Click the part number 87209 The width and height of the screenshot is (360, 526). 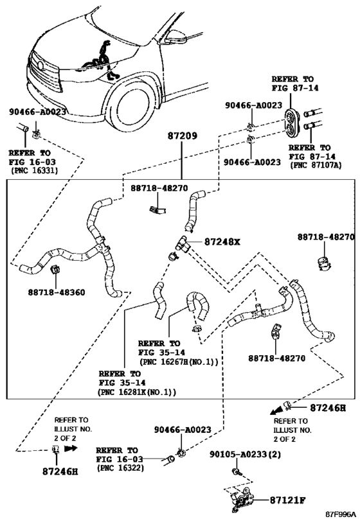pos(183,136)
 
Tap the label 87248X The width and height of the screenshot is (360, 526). pos(222,242)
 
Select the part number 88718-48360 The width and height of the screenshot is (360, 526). pos(57,292)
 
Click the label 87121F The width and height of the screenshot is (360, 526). pos(288,500)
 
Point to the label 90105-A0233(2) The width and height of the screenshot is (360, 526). pos(245,454)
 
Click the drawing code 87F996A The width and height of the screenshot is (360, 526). pos(340,514)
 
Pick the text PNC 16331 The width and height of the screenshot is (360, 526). pos(35,170)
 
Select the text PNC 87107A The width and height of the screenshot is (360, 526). pos(316,166)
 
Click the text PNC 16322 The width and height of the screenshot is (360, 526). pos(120,468)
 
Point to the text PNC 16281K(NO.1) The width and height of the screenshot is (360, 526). pos(137,392)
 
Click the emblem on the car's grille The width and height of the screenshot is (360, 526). pos(40,66)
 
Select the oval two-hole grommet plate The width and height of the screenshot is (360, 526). pos(291,122)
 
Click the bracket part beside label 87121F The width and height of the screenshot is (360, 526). pos(242,499)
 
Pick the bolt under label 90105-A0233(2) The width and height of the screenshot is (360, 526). pos(235,471)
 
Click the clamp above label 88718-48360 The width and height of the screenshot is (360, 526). pos(55,270)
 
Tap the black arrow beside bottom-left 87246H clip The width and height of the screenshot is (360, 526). pos(71,448)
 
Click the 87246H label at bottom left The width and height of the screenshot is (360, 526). pos(60,471)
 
